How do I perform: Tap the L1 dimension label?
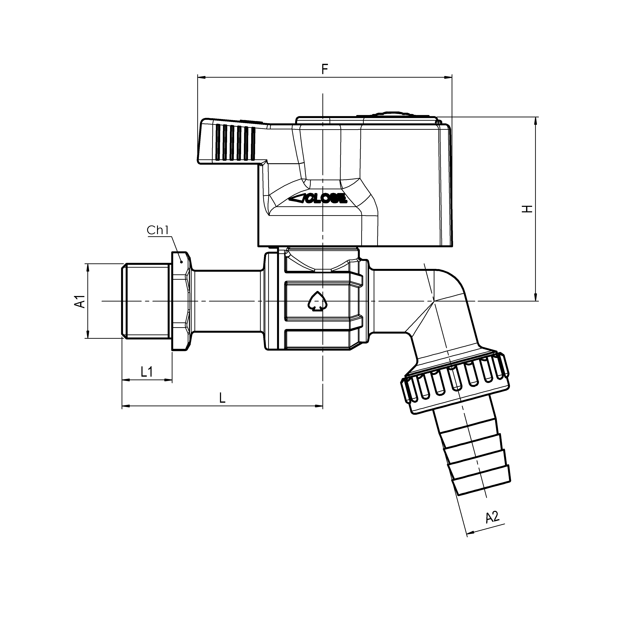(147, 372)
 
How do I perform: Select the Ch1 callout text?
(158, 230)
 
